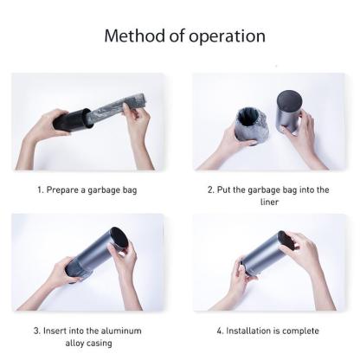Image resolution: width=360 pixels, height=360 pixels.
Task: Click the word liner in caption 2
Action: (x=269, y=202)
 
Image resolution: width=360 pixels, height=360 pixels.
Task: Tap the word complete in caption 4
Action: (x=300, y=331)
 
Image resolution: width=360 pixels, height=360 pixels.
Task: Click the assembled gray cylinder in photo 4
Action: (x=265, y=254)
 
